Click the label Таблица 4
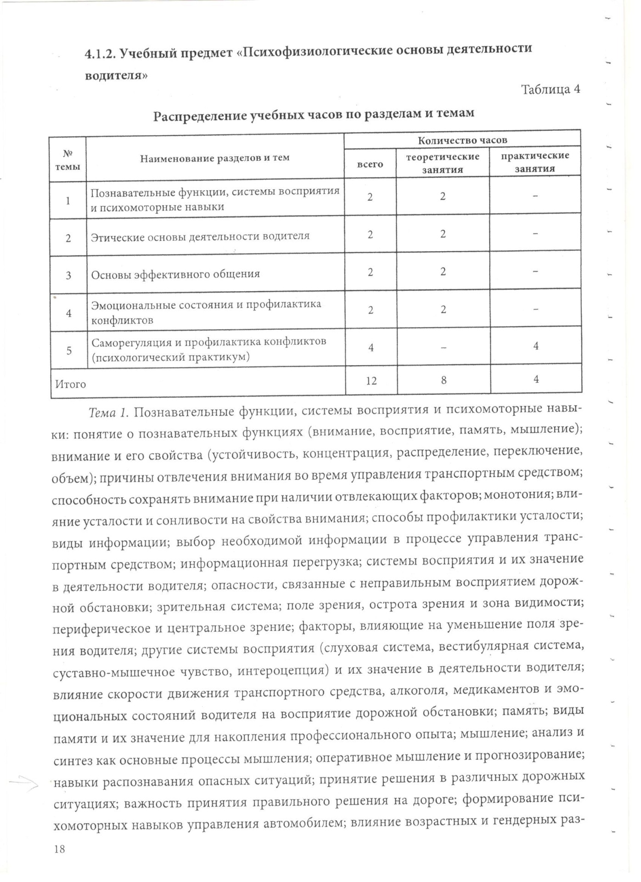551,89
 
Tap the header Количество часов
462,140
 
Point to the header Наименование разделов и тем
215,158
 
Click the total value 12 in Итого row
371,380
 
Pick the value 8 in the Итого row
444,380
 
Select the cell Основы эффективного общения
175,274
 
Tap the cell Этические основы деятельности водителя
200,237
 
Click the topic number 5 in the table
69,351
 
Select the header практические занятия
535,162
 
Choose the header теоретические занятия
443,163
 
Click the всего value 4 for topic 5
371,347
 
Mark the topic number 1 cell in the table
68,200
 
